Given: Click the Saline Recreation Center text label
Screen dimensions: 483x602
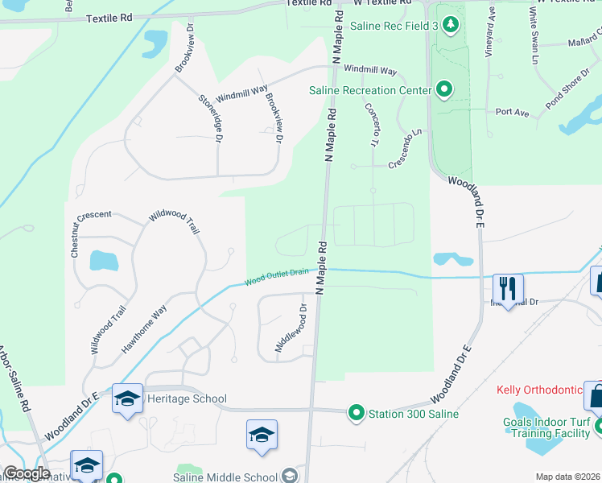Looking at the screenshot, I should [370, 90].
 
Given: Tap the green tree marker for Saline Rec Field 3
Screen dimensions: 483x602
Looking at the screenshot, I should [451, 26].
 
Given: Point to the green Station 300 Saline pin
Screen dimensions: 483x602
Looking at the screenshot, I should [356, 414].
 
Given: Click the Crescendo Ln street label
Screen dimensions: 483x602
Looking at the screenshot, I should [405, 150].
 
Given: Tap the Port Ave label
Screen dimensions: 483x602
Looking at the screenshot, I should [512, 113].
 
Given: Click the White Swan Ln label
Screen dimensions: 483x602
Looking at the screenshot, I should [534, 37].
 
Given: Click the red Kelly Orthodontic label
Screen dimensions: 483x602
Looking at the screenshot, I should [539, 390].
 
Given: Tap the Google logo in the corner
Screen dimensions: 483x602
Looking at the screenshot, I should [27, 473].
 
